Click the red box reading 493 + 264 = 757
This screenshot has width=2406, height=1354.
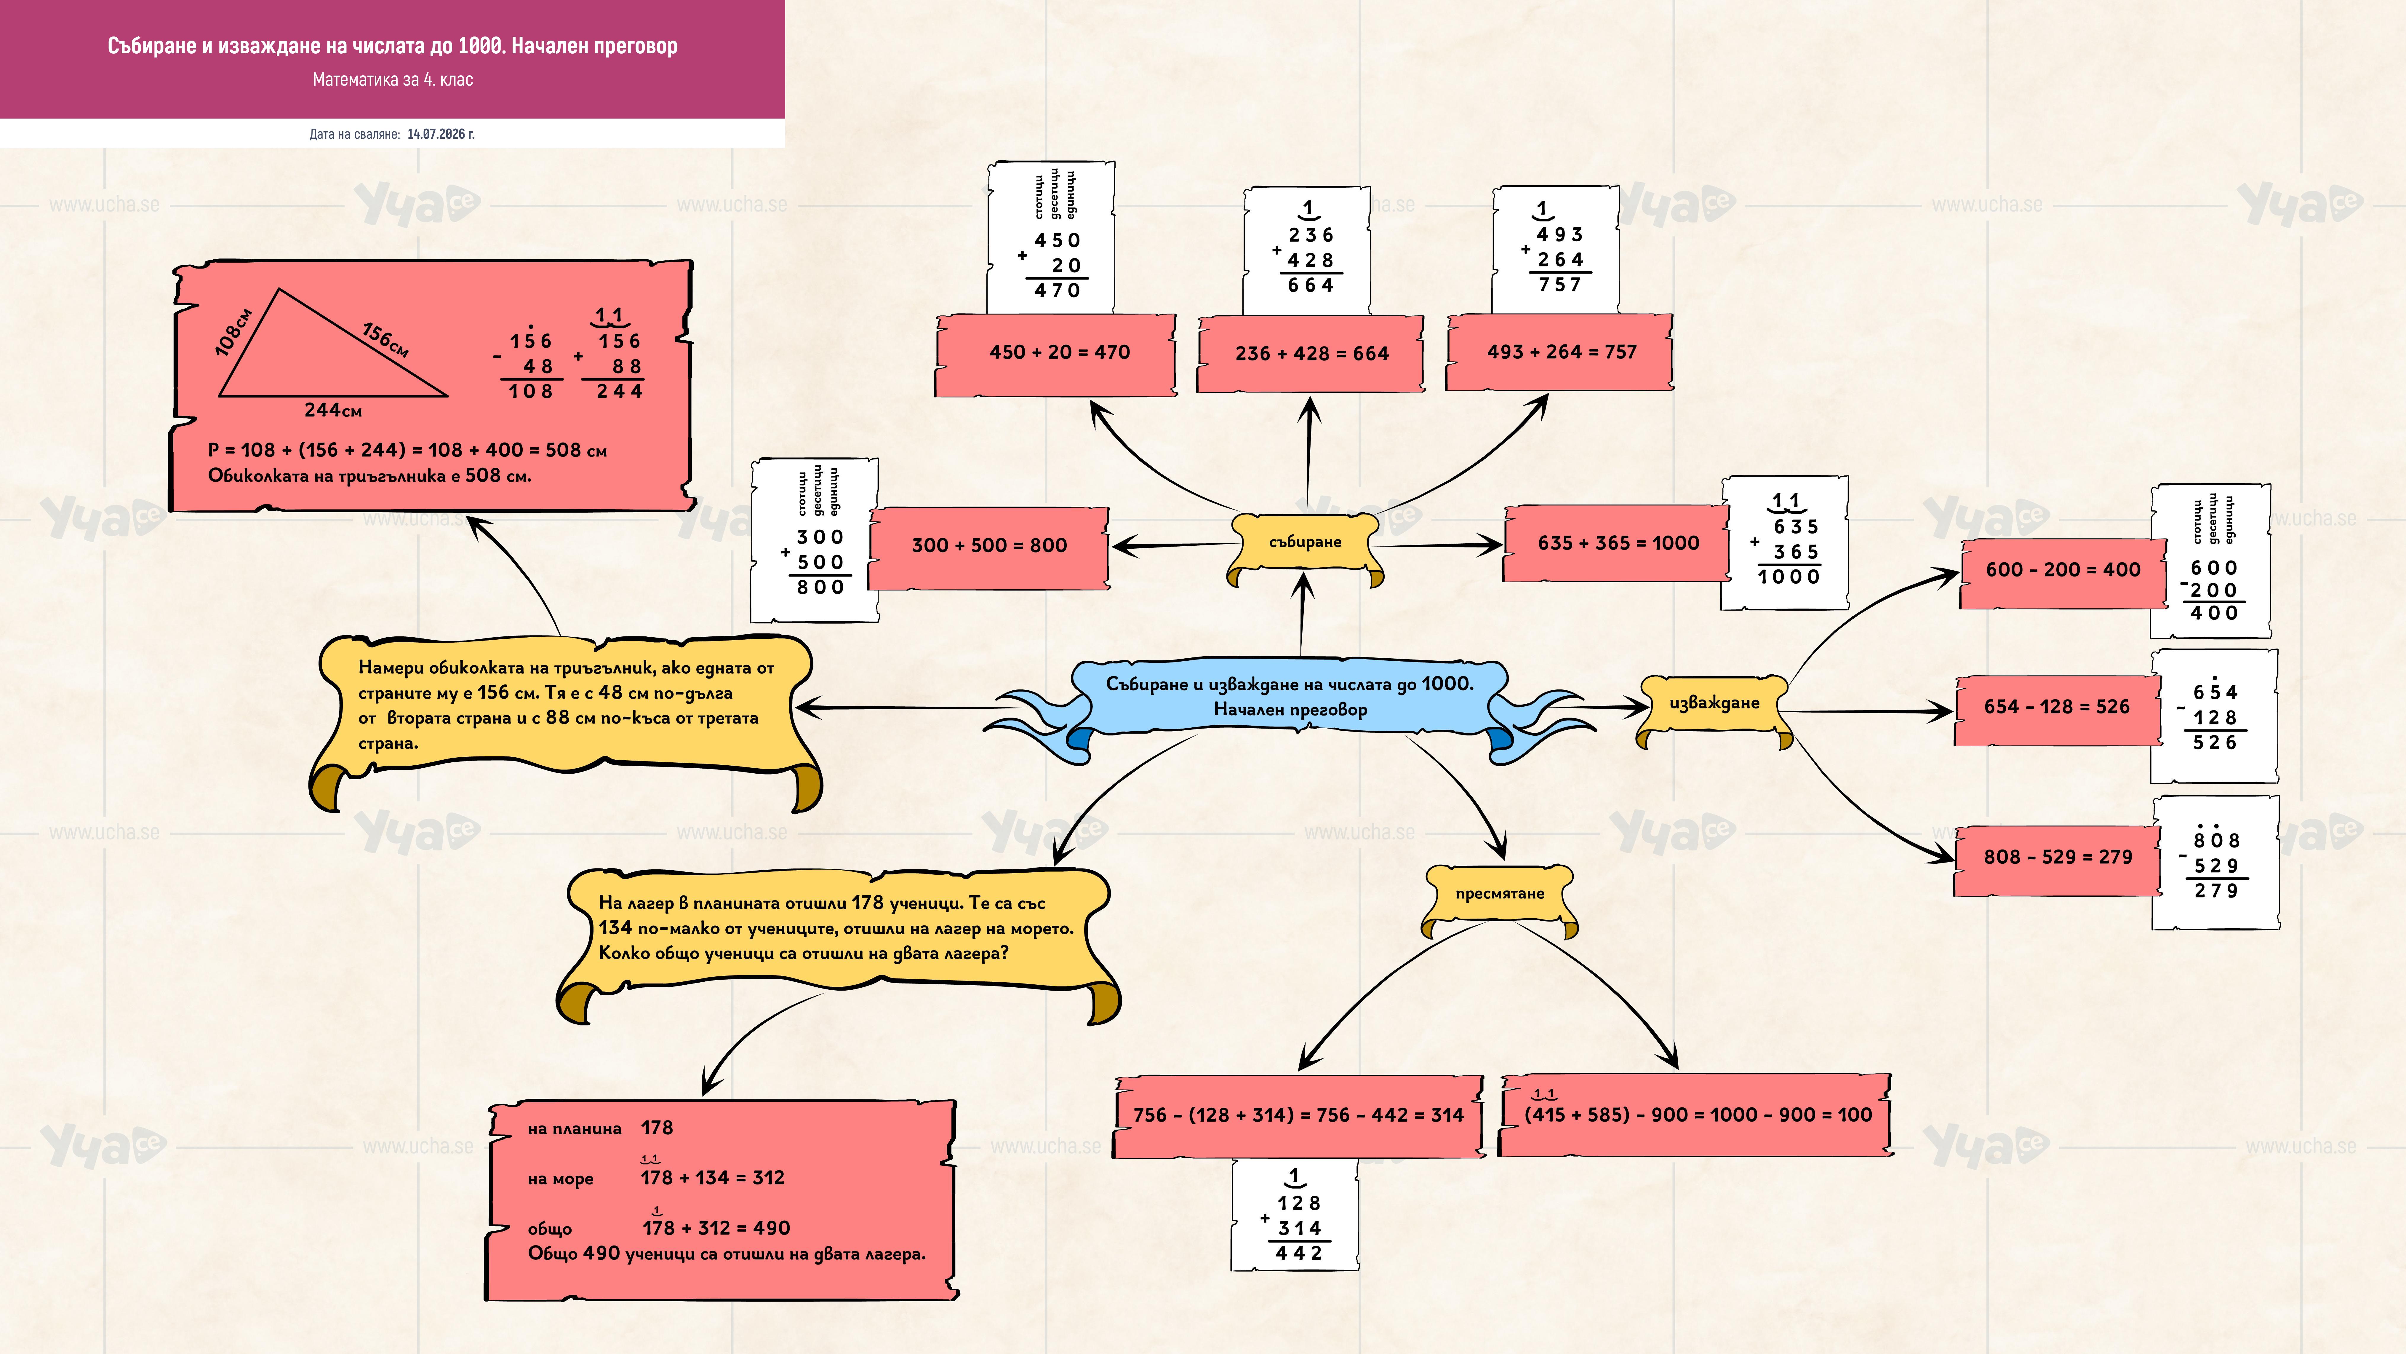point(1560,352)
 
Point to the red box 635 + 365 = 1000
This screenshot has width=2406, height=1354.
point(1618,543)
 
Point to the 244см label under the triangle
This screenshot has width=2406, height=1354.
point(333,410)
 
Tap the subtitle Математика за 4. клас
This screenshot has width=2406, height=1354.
point(392,79)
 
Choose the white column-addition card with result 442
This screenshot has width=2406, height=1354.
point(1295,1215)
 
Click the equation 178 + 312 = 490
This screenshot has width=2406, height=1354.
point(716,1228)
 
